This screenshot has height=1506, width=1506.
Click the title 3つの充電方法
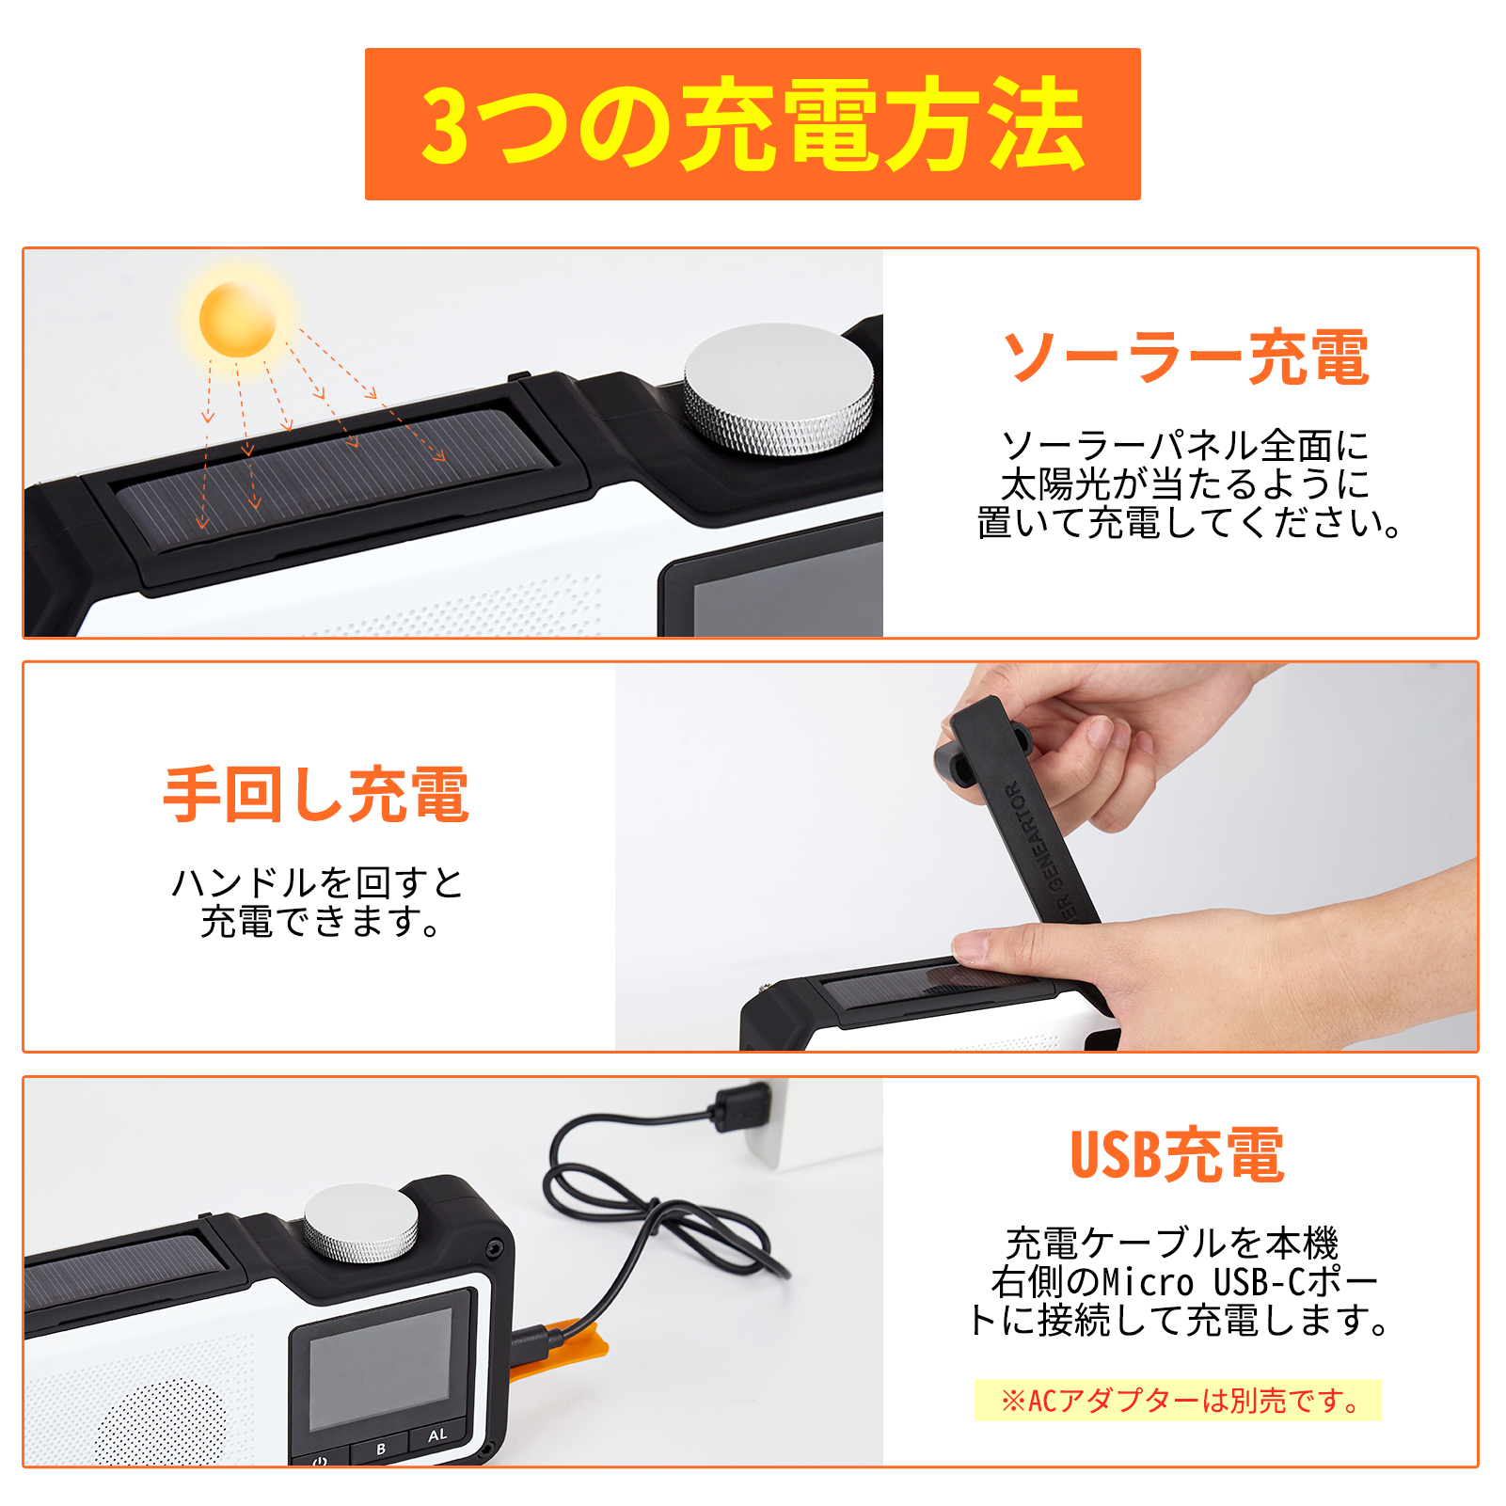(x=753, y=124)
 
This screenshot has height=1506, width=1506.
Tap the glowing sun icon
(x=237, y=320)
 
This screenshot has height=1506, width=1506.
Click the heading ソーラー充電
(x=1185, y=357)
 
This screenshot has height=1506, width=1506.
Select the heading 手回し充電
(x=316, y=795)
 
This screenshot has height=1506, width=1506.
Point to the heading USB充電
(x=1177, y=1154)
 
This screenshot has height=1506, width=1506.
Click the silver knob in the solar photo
(x=779, y=388)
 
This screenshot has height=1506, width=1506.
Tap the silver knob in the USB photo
(x=360, y=1223)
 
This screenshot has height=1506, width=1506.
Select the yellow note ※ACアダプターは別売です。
(x=1178, y=1401)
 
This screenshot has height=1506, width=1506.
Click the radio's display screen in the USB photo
(x=381, y=1364)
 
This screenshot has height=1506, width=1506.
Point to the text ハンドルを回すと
(x=316, y=882)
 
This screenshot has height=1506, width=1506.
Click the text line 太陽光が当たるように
(x=1185, y=484)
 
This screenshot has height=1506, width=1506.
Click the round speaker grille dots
(x=160, y=1421)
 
